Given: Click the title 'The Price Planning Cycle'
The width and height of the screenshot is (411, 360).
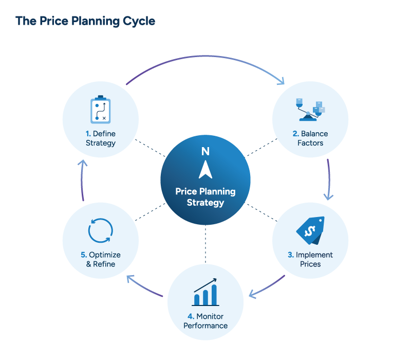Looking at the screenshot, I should click(85, 22).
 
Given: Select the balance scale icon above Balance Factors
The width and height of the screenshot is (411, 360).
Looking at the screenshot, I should click(310, 110).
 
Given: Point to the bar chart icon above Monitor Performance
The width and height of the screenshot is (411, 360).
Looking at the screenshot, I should click(206, 293).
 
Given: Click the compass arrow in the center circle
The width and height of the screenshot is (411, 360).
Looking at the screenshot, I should click(206, 169).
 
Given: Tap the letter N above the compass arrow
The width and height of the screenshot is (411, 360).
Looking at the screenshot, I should click(206, 151).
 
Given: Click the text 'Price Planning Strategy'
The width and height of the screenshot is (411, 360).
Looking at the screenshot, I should click(206, 196).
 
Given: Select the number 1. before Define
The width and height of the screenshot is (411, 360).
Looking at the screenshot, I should click(88, 134).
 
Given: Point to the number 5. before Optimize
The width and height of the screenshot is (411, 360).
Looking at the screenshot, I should click(84, 255).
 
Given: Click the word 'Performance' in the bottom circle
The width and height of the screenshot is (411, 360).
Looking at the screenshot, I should click(206, 326).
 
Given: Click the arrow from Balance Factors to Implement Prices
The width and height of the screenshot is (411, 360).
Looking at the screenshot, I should click(329, 180).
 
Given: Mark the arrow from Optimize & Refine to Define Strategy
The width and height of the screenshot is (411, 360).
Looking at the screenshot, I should click(82, 180).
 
